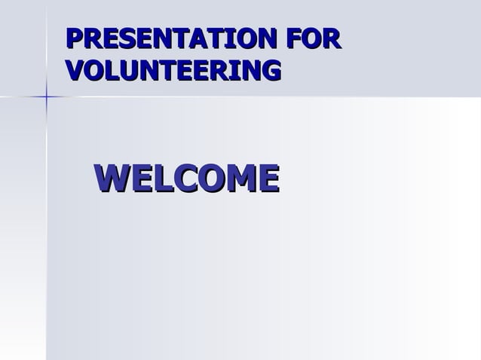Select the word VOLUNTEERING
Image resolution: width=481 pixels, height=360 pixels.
point(173,70)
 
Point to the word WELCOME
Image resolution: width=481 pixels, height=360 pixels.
point(186,178)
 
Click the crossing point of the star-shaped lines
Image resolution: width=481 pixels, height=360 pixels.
point(46,96)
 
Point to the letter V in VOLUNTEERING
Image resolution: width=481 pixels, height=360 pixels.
point(75,70)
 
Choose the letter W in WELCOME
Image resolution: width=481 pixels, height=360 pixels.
point(112,178)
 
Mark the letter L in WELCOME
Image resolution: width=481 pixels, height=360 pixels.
point(163,178)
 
